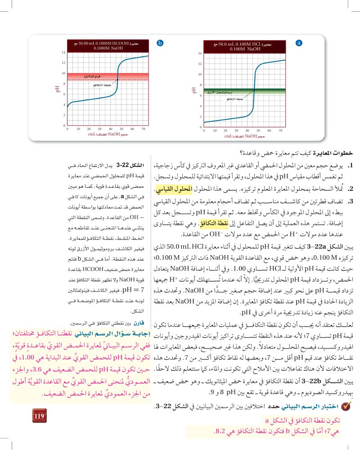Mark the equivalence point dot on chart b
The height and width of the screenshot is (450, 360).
click(x=117, y=80)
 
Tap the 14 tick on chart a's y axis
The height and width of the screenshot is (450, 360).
click(x=200, y=54)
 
